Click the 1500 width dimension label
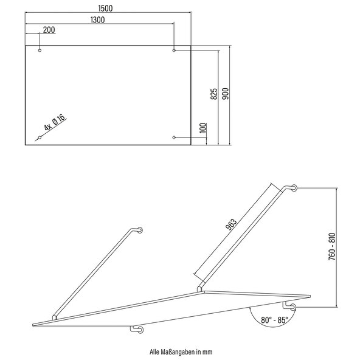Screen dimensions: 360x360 point(105,9)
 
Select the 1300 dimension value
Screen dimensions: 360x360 point(97,20)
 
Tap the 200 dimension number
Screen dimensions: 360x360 point(49,30)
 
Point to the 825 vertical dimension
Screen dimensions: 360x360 point(214,94)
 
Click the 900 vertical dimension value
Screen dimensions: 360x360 point(226,94)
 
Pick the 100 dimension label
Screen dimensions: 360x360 point(203,128)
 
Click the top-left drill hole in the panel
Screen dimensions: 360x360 point(40,50)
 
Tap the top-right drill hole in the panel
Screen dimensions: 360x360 point(174,50)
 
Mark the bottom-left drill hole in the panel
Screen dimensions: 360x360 point(40,137)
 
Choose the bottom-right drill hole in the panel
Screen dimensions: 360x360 point(174,137)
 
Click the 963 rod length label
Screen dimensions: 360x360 point(231,224)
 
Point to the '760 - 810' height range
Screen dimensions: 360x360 point(332,246)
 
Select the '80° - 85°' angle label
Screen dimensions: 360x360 point(274,320)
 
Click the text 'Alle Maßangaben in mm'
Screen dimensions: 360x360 point(181,351)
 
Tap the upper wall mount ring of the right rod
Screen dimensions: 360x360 point(294,188)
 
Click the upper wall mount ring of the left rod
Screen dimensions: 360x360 point(140,230)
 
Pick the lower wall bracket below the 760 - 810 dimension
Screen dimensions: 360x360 point(289,306)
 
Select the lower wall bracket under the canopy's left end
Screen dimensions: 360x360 point(137,330)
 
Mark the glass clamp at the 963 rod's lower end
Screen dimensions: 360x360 point(200,289)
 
